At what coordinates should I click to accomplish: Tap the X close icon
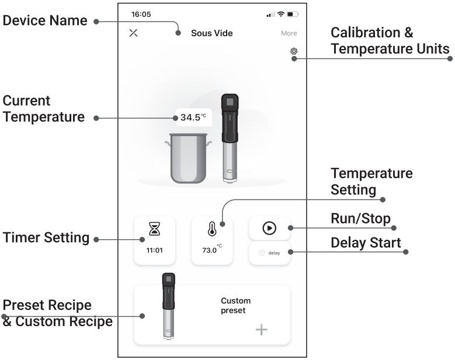point(133,33)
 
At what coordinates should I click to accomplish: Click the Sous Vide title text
point(212,33)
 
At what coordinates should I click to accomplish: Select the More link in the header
point(289,33)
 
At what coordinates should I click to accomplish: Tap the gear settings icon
point(294,51)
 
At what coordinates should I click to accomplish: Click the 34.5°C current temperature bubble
point(193,117)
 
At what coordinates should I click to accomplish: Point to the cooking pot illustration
point(188,158)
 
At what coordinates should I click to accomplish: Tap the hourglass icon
point(154,229)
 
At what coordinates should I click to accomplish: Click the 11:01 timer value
point(154,250)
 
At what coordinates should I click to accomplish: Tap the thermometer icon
point(212,229)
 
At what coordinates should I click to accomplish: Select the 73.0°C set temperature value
point(212,249)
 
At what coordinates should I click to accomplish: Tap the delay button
point(270,253)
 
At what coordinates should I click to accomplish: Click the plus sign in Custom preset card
point(262,330)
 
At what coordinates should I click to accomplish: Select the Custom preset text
point(235,306)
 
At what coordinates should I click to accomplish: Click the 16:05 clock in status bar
point(141,14)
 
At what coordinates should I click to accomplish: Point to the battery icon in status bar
point(293,14)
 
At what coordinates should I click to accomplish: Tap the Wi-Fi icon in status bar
point(280,13)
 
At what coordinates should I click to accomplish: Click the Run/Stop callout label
point(361,219)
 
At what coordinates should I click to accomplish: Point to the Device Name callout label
point(45,20)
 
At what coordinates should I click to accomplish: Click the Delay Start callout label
point(366,243)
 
